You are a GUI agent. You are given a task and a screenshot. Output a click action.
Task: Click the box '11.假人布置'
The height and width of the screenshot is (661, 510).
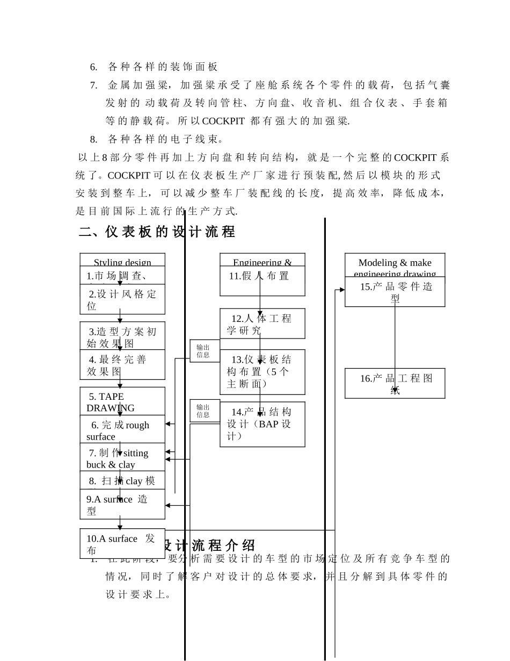pyautogui.click(x=262, y=281)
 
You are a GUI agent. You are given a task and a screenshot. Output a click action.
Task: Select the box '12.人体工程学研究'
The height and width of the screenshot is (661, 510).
pyautogui.click(x=262, y=324)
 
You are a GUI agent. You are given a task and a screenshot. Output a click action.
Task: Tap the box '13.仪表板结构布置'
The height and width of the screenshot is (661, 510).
pyautogui.click(x=262, y=372)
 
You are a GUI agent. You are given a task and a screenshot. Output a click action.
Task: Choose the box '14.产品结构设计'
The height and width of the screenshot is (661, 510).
pyautogui.click(x=262, y=424)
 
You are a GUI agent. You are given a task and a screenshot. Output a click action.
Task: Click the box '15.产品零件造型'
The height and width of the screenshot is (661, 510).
pyautogui.click(x=395, y=292)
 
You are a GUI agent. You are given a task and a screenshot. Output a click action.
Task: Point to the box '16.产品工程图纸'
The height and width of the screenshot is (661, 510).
pyautogui.click(x=395, y=383)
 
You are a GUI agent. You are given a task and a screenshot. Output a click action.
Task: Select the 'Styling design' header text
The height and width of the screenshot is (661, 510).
pyautogui.click(x=122, y=262)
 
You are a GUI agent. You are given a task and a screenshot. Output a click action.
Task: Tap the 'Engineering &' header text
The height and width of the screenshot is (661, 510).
pyautogui.click(x=262, y=262)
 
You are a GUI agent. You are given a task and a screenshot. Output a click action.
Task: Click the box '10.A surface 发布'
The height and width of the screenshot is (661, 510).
pyautogui.click(x=122, y=544)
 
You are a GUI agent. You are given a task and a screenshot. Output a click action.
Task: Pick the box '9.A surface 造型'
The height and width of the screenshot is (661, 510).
pyautogui.click(x=122, y=504)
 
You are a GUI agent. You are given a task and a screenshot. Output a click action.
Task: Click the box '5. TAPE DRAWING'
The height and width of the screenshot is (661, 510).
pyautogui.click(x=122, y=401)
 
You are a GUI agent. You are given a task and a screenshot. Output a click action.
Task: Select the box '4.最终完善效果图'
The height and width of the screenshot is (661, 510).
pyautogui.click(x=122, y=365)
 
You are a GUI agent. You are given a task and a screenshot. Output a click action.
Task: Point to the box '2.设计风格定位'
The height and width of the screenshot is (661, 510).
pyautogui.click(x=122, y=299)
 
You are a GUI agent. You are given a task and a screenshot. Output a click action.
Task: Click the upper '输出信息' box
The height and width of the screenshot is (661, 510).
pyautogui.click(x=203, y=351)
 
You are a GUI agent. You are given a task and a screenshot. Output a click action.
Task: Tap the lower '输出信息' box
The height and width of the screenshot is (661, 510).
pyautogui.click(x=203, y=411)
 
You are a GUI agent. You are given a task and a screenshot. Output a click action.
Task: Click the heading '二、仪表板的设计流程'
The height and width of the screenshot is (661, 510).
pyautogui.click(x=157, y=232)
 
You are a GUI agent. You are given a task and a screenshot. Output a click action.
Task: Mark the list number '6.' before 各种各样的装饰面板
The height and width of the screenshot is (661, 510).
pyautogui.click(x=93, y=67)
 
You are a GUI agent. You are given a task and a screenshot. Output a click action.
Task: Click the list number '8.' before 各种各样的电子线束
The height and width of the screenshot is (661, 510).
pyautogui.click(x=93, y=140)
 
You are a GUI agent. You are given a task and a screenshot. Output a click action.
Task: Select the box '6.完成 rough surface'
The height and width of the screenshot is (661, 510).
pyautogui.click(x=122, y=430)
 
